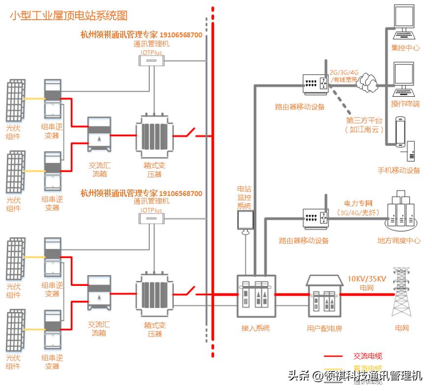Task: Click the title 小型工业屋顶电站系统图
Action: [69, 16]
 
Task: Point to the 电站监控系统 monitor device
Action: [245, 220]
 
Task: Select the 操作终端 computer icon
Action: [405, 79]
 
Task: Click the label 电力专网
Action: [359, 202]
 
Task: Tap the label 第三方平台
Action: [364, 120]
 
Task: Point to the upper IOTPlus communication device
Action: [151, 60]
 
